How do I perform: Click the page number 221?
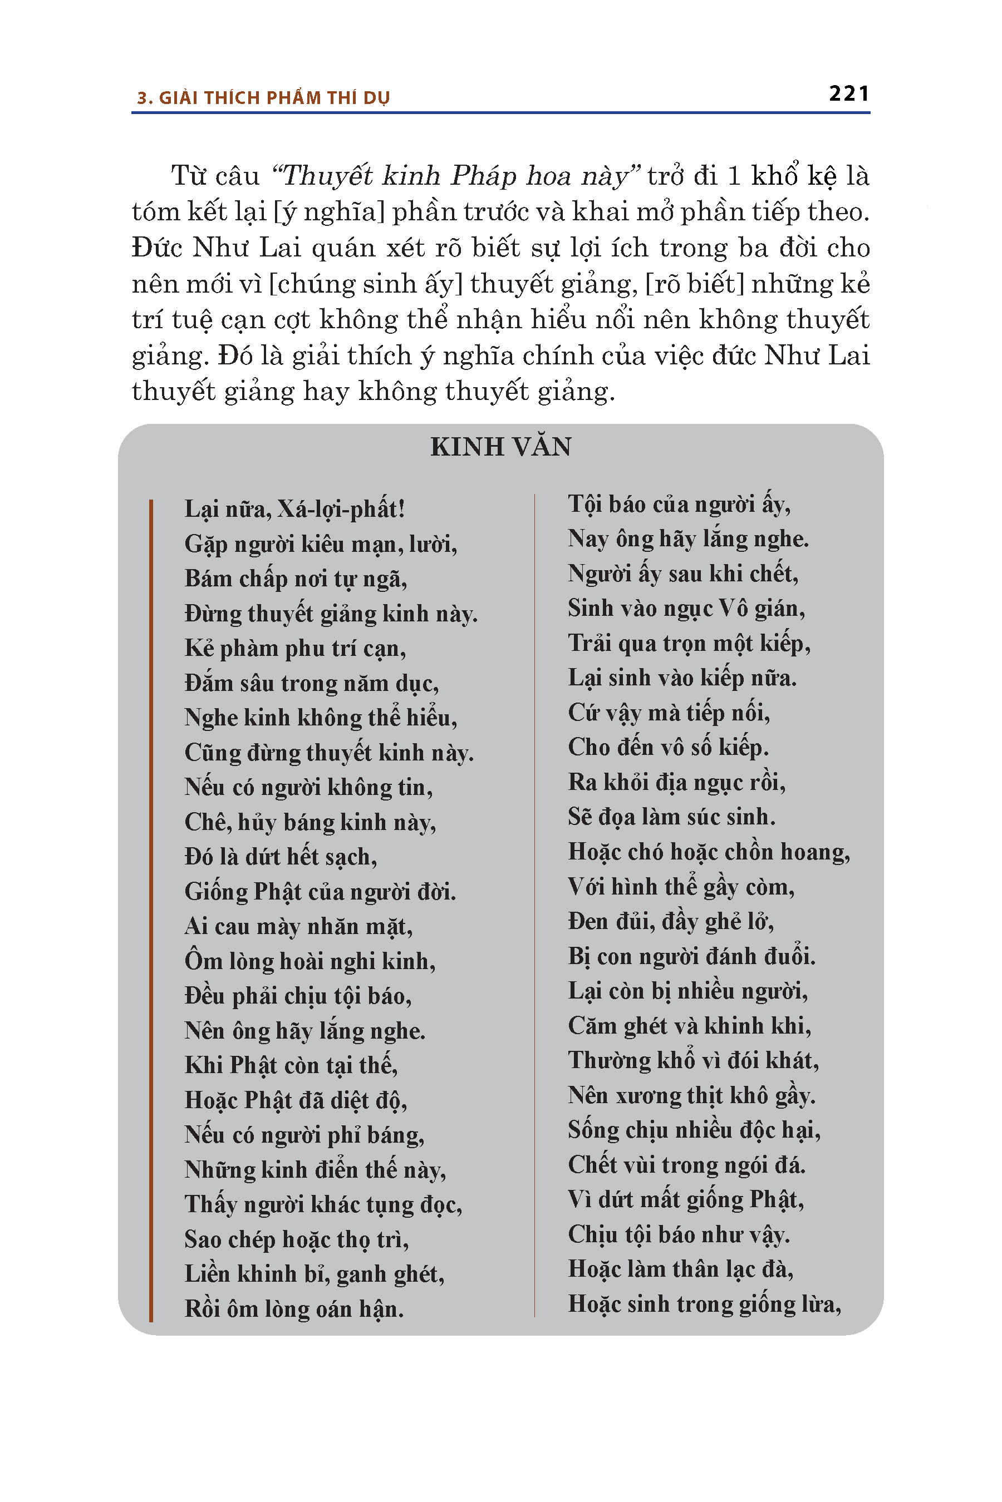[x=848, y=94]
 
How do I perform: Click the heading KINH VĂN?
[x=500, y=447]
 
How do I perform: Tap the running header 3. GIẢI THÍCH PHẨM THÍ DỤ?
[x=263, y=98]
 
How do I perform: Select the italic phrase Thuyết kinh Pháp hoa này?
[x=455, y=176]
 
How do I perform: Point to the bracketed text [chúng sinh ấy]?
[x=366, y=284]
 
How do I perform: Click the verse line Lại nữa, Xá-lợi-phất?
[x=294, y=509]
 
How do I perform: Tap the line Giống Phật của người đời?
[x=320, y=892]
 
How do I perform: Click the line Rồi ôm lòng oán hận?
[x=294, y=1309]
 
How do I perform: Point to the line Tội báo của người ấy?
[x=679, y=505]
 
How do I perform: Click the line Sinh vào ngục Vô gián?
[x=686, y=609]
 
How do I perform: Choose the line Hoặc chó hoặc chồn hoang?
[x=709, y=852]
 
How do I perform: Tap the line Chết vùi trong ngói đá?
[x=686, y=1165]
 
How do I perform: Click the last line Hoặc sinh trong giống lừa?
[x=704, y=1304]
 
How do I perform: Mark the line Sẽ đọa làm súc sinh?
[x=672, y=817]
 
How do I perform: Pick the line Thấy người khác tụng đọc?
[x=323, y=1204]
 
